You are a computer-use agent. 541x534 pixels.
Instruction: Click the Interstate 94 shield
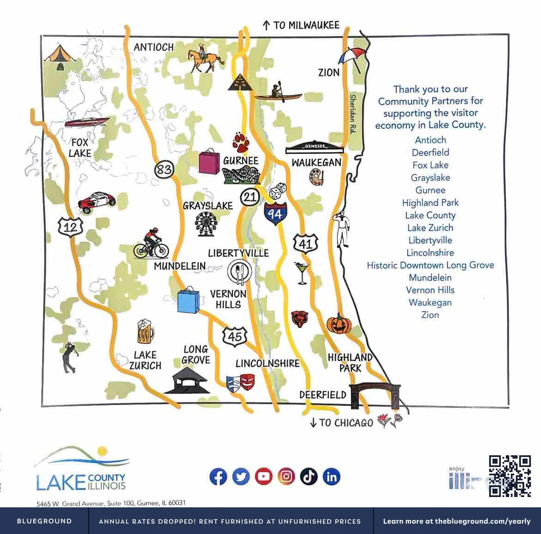click(275, 214)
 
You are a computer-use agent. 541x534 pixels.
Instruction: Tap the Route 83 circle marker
click(164, 169)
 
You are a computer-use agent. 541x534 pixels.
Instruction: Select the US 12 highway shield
click(70, 226)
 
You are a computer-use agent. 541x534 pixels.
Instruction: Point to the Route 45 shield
click(235, 336)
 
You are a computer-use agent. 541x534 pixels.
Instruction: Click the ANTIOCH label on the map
click(154, 47)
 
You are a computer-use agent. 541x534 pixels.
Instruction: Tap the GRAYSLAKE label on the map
click(208, 206)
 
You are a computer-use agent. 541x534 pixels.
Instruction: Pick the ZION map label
click(329, 73)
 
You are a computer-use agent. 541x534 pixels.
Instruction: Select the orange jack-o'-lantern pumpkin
click(338, 324)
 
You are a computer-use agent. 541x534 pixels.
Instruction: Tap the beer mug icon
click(145, 331)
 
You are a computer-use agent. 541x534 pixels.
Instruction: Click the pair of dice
click(278, 191)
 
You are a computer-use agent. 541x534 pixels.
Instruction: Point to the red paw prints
click(241, 142)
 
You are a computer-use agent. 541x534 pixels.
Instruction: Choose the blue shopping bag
click(188, 300)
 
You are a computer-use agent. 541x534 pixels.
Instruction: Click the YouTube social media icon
click(263, 476)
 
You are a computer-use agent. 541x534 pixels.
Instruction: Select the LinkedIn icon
click(331, 476)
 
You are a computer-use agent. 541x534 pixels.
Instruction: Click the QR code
click(510, 476)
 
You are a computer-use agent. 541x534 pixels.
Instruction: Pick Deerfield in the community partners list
click(430, 153)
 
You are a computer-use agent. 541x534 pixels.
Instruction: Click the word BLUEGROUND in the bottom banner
click(44, 521)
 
